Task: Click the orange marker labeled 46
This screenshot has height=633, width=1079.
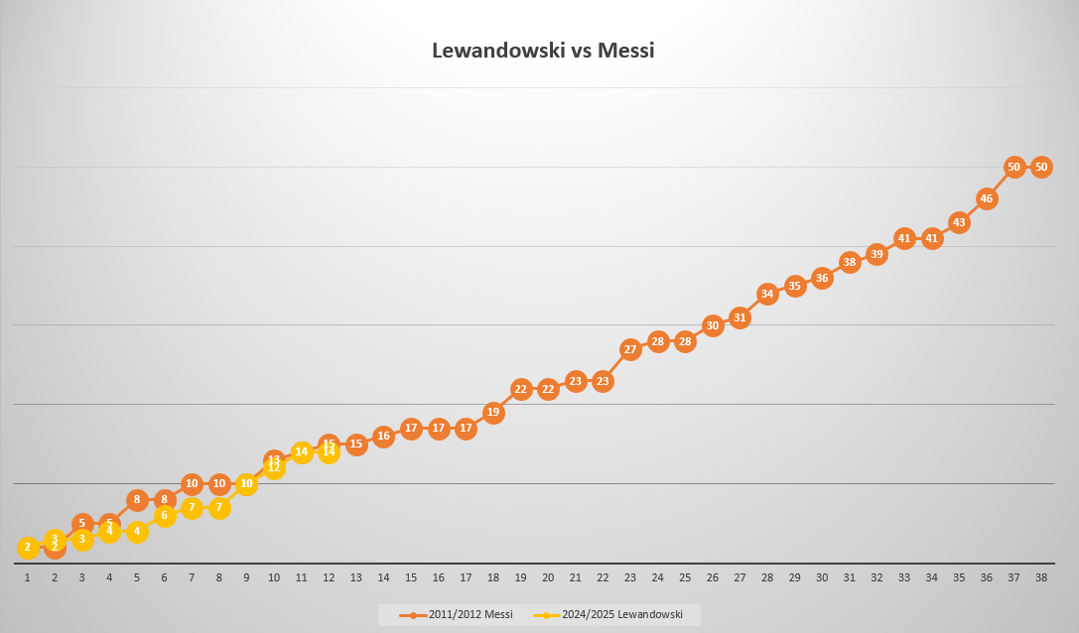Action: (987, 198)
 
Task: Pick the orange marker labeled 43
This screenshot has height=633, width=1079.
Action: (959, 222)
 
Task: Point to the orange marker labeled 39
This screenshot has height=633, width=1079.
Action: (877, 254)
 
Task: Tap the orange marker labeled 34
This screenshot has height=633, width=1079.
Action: (767, 294)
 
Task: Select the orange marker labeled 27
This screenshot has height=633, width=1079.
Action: (630, 349)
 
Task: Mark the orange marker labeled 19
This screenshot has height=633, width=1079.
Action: (493, 412)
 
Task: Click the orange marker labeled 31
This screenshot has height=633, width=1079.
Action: (740, 317)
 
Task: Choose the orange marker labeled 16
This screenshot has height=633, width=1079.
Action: (383, 436)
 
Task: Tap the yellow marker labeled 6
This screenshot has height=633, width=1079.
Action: (165, 515)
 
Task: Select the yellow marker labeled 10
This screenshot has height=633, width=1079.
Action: (247, 484)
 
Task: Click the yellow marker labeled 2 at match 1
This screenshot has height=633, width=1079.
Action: (28, 547)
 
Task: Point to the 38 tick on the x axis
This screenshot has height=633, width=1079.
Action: (1041, 577)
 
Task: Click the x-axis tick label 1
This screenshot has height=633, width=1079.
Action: (28, 577)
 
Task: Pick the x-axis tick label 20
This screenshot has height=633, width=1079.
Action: (548, 577)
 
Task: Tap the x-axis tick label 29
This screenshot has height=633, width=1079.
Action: (794, 577)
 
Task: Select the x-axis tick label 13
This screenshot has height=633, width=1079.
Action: (356, 577)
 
